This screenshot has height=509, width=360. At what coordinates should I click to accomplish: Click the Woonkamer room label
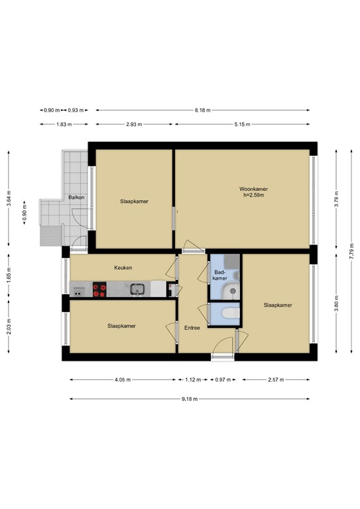point(253,189)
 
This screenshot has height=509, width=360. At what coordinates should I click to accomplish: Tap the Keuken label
point(123,268)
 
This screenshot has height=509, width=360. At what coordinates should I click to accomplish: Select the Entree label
point(192,328)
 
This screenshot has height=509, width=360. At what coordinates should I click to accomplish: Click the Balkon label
point(76,198)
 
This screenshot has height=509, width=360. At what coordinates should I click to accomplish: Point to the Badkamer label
point(220,275)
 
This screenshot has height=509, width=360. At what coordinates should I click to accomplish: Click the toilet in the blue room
point(231,313)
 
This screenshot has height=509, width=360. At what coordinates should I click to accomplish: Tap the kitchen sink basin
point(137,289)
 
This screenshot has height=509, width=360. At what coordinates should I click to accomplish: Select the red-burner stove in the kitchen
point(99,290)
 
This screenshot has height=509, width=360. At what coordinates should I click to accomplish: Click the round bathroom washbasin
point(233,290)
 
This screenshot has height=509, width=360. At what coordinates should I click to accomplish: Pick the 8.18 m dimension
point(203,111)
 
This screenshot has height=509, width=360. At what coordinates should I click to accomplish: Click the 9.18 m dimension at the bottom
point(190,399)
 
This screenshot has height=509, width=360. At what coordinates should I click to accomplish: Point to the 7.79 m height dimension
point(351,251)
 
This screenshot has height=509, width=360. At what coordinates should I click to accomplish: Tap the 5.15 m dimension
point(242,125)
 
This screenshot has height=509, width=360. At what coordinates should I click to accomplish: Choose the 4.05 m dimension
point(123,380)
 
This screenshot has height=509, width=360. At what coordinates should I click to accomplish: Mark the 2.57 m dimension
point(276,380)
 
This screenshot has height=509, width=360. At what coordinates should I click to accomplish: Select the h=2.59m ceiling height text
point(253,196)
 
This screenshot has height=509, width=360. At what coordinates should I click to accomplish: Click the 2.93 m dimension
point(134,125)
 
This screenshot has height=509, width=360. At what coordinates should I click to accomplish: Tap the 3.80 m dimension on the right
point(336,303)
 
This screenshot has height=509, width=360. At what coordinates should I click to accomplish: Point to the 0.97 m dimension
point(223,380)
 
